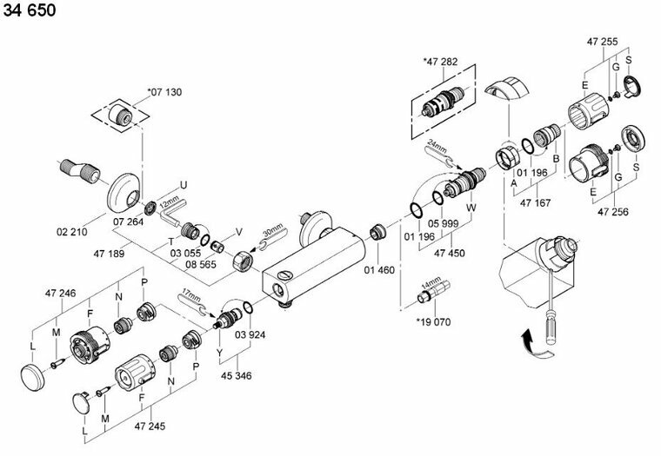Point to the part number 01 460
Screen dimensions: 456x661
click(x=379, y=269)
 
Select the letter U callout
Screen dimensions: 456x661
click(x=183, y=183)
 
